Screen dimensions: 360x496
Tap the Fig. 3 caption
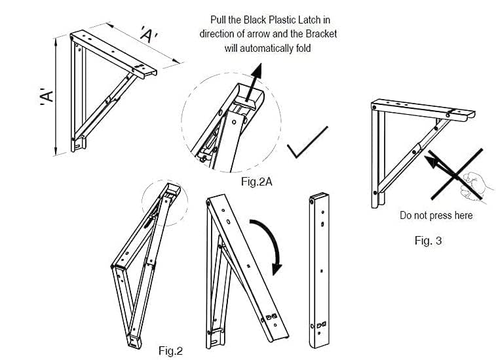click(428, 241)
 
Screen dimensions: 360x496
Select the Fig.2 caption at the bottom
click(170, 351)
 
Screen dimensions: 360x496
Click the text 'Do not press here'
click(436, 215)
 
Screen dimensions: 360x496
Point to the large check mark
click(306, 144)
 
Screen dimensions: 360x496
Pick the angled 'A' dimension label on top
click(147, 35)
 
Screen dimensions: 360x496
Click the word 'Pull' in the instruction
click(219, 20)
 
